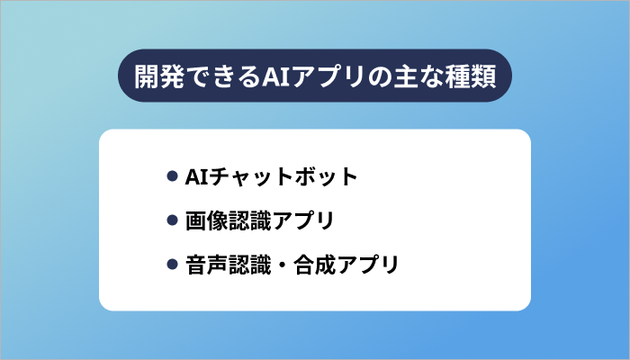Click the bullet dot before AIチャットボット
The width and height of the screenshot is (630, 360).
[172, 175]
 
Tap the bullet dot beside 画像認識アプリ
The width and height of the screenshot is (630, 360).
[172, 220]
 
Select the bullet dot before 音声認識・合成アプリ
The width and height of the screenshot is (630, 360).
[172, 265]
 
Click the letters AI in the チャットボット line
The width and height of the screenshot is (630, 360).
[194, 175]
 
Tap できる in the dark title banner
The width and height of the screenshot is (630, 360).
[222, 75]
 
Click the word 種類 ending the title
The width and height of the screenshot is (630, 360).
[469, 75]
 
